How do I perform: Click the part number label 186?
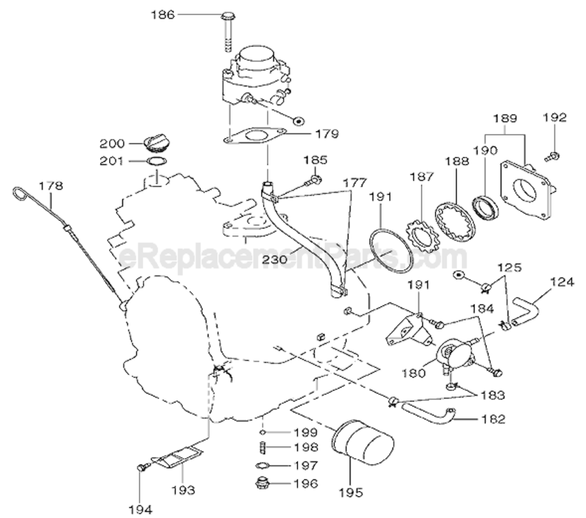163,15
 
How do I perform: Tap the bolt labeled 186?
227,32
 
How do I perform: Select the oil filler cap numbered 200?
155,144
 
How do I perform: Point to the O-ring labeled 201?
156,162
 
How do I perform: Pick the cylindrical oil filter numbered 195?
362,443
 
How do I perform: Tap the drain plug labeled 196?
263,483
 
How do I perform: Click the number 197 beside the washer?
306,466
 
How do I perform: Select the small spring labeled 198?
263,448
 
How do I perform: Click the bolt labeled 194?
143,467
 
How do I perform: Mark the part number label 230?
275,259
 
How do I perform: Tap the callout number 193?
183,490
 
